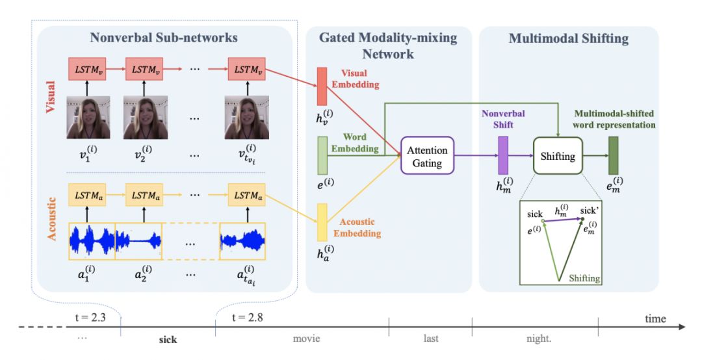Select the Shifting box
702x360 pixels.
click(558, 156)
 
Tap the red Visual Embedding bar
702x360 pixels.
click(322, 86)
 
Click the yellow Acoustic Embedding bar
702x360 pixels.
click(322, 222)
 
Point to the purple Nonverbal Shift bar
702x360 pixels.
click(502, 156)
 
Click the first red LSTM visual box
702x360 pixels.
click(88, 68)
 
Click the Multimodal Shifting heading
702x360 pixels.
click(569, 38)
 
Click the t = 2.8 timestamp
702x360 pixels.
click(248, 318)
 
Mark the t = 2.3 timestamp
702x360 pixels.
click(85, 318)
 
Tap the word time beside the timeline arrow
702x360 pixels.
click(655, 318)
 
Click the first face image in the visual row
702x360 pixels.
click(88, 117)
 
